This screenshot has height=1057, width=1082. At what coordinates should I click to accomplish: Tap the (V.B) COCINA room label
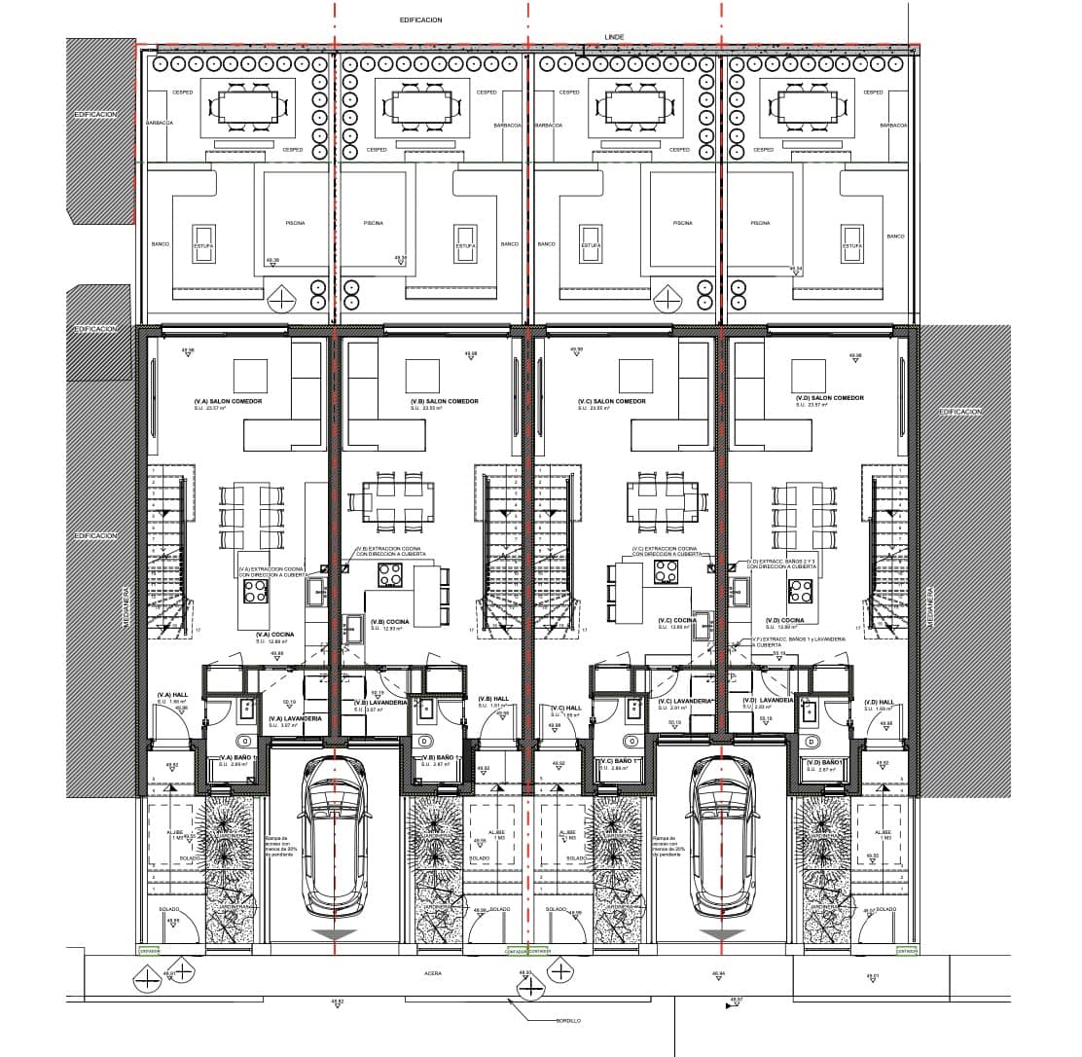coord(389,622)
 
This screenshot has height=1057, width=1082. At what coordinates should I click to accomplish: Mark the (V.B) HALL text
coord(494,698)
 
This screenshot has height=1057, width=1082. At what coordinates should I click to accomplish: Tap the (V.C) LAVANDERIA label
coord(686,702)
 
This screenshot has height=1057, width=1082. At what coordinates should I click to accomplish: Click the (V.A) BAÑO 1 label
coord(238,757)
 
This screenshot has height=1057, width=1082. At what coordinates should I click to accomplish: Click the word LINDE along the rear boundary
coord(614,37)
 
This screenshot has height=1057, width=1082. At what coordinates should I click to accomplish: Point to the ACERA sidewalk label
coord(434,972)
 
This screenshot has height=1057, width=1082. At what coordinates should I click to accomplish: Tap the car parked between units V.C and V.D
coord(722,838)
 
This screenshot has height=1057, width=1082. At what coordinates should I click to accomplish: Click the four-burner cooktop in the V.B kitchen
coord(391,574)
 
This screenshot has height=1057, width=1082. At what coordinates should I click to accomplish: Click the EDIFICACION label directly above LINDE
coord(421,19)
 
